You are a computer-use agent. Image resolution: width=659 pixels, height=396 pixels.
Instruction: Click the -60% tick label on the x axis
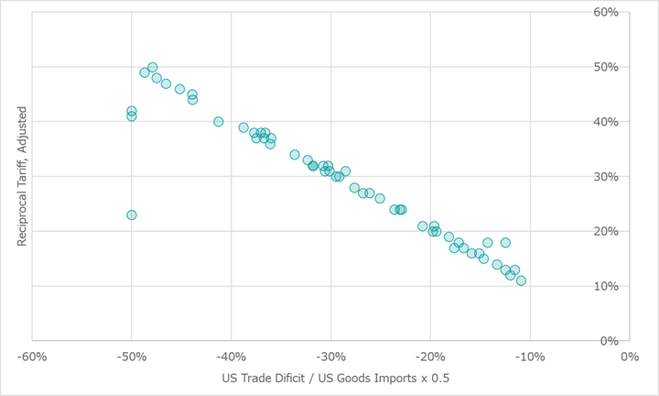(x=32, y=357)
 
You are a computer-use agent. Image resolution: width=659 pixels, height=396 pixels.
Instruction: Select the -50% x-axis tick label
(x=132, y=357)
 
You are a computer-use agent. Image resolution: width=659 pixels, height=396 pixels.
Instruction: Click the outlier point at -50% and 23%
(x=132, y=214)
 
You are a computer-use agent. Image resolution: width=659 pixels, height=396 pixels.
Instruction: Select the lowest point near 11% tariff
(x=521, y=280)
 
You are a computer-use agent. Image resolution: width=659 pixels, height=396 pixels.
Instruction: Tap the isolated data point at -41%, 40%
(x=219, y=121)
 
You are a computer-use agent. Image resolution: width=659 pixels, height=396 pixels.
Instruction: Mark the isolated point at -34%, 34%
(x=295, y=155)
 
